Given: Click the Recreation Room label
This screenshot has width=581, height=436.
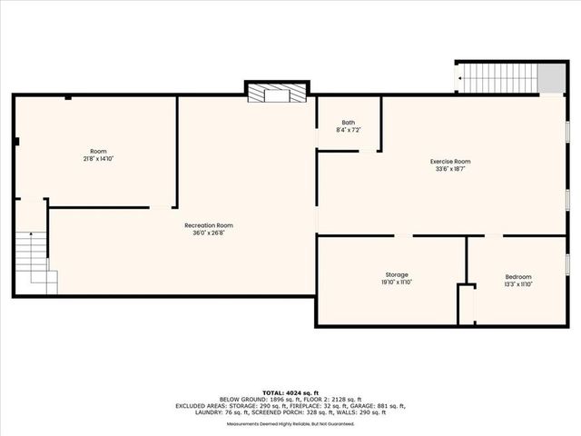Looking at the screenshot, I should [x=209, y=225].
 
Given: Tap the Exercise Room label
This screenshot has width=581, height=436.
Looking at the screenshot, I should [x=450, y=162].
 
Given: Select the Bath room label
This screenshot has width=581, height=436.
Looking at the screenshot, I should [x=348, y=123].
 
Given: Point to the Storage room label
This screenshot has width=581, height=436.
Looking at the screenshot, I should [x=397, y=274].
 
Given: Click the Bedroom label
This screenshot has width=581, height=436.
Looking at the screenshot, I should [x=518, y=276].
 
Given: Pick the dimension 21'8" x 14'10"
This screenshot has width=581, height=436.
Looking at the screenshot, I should [x=98, y=159].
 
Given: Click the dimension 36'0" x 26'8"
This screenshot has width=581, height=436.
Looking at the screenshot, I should [x=209, y=233].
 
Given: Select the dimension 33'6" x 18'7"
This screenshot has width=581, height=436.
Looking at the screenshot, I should [x=450, y=170].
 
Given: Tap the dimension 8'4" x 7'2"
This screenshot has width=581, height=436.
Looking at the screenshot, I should [x=348, y=131].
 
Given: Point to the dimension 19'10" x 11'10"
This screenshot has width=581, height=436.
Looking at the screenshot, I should [x=397, y=282].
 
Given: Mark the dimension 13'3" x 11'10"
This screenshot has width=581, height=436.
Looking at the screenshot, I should [x=518, y=284].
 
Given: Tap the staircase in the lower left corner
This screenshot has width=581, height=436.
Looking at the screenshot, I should [x=32, y=259].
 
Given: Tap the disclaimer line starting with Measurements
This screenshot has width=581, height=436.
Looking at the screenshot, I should [x=290, y=423].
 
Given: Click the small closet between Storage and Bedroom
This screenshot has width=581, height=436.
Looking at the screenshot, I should [x=466, y=304].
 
